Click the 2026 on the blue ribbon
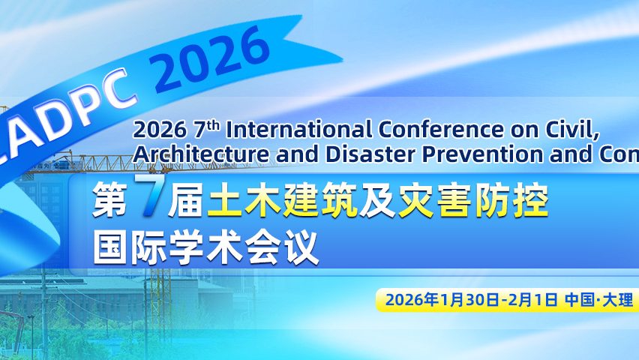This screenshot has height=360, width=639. tap(214, 56)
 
